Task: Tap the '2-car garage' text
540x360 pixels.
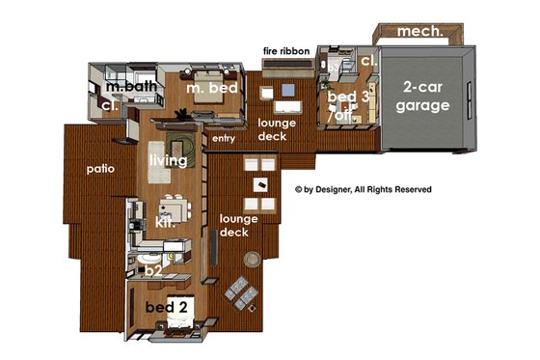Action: pos(424,96)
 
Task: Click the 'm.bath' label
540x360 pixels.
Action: pos(132,88)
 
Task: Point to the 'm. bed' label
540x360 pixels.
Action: pos(206,90)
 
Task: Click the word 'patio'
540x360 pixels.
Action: pos(100,168)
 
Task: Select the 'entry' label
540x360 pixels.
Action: pos(223,139)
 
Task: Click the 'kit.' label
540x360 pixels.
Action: pos(164,222)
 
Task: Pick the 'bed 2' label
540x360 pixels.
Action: pos(165,307)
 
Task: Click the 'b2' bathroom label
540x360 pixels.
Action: pos(152,271)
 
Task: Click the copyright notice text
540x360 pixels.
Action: pos(363,189)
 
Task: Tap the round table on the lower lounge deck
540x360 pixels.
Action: pos(253,259)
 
